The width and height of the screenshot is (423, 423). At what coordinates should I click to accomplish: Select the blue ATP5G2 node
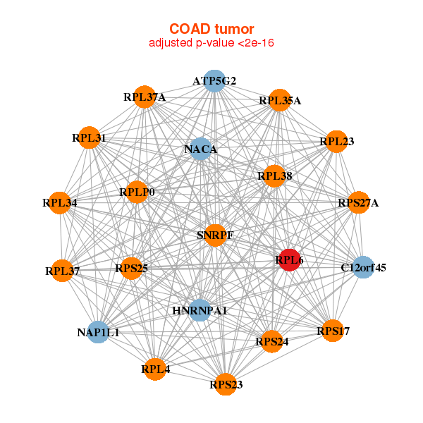[214, 80]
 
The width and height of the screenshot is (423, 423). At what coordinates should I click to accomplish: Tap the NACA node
[200, 149]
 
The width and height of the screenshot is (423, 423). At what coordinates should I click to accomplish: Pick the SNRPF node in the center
[215, 235]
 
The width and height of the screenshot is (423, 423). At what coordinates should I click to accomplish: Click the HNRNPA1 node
[200, 310]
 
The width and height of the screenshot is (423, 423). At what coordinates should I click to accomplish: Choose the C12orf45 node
[363, 267]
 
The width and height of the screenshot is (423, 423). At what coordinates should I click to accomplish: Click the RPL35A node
[280, 100]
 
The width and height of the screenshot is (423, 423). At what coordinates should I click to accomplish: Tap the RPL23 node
[336, 142]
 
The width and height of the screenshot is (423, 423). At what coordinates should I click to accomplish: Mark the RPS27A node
[358, 203]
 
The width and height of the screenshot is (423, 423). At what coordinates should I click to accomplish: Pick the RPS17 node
[333, 330]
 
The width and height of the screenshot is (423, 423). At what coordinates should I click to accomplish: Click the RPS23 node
[226, 384]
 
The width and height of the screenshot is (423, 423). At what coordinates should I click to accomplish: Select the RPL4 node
[155, 368]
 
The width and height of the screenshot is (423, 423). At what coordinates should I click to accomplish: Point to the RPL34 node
[59, 203]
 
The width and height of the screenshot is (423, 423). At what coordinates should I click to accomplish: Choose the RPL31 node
[89, 138]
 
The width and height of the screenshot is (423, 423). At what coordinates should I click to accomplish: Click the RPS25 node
[131, 268]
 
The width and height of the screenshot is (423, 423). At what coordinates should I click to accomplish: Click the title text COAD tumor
[211, 28]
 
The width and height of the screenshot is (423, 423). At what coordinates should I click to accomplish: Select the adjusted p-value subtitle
[211, 43]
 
